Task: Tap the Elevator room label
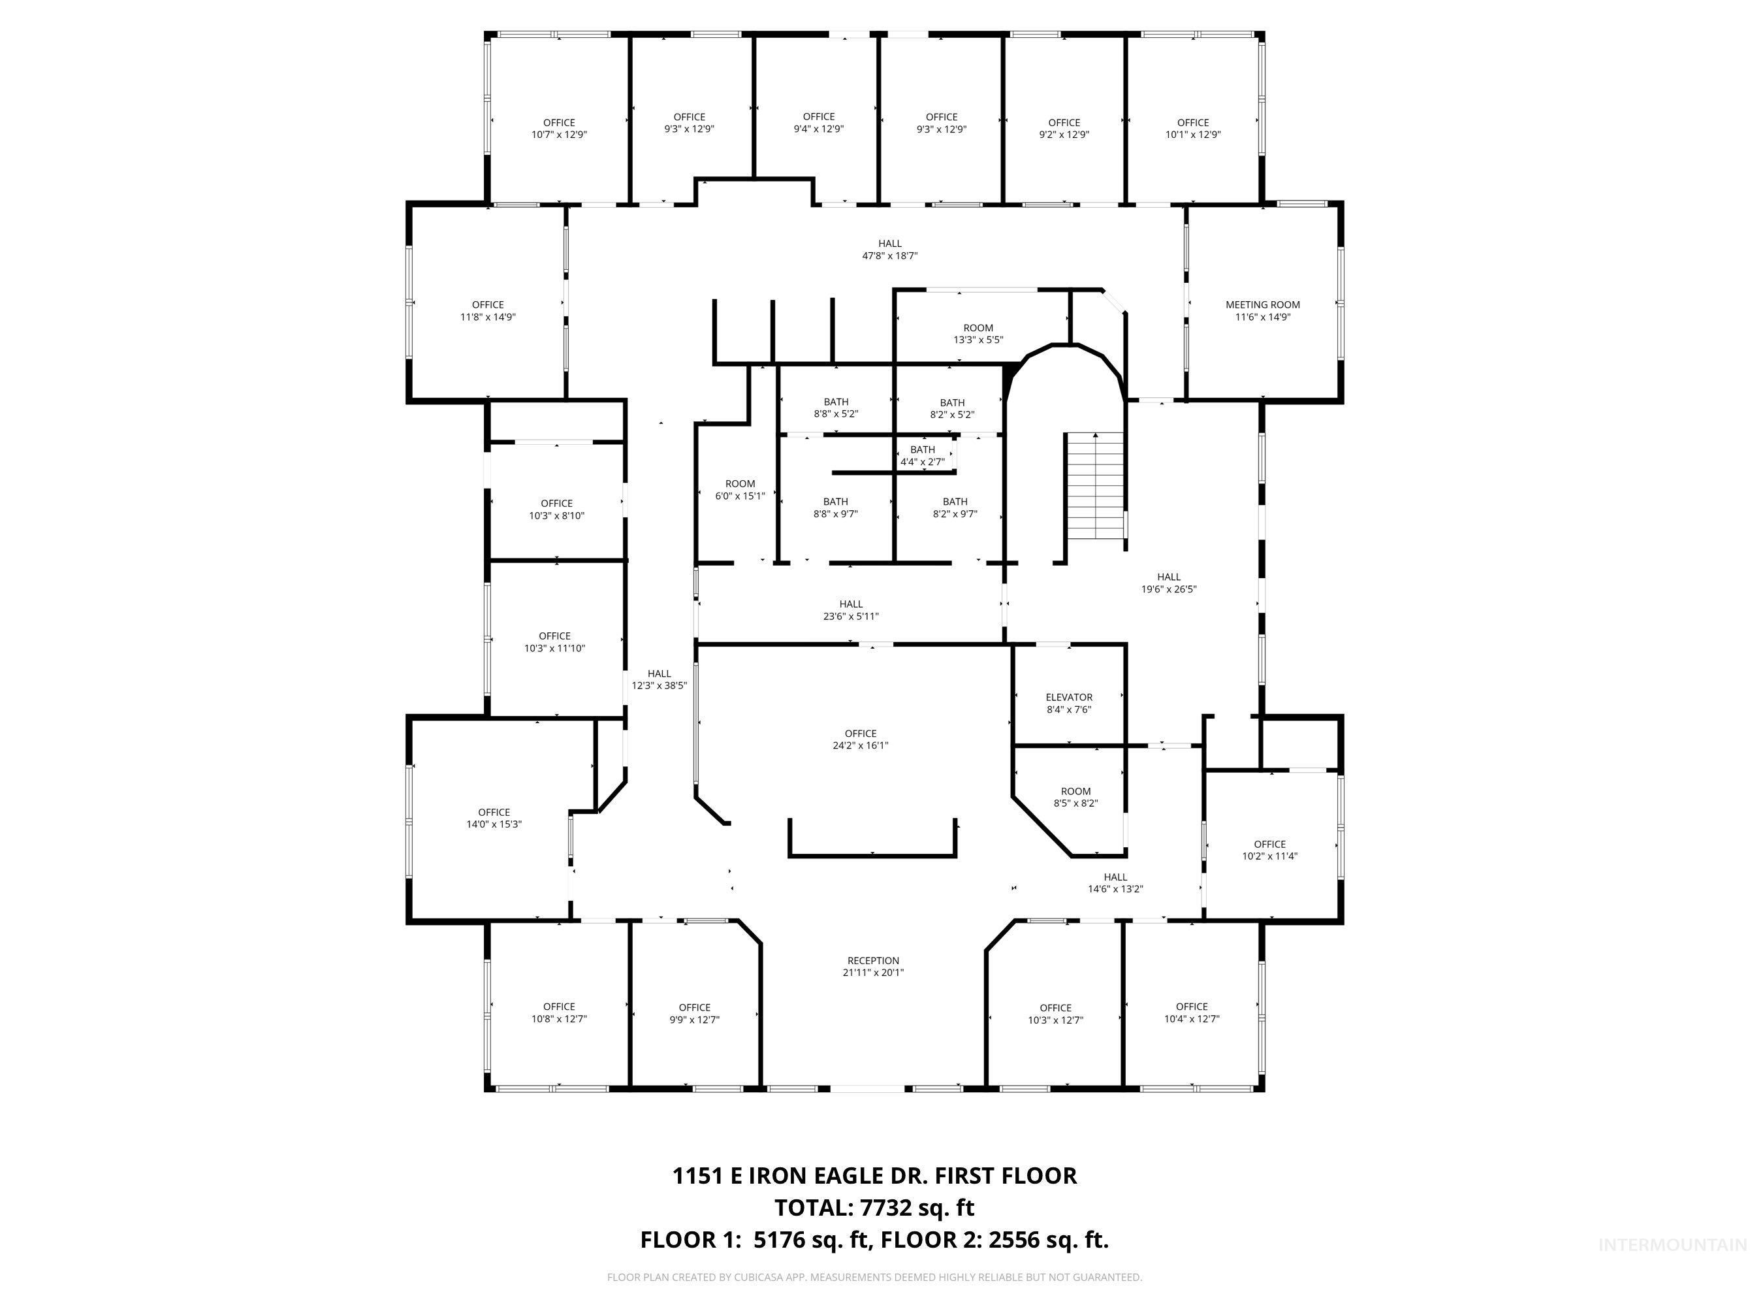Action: pos(1069,703)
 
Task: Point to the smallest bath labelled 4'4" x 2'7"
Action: pos(923,455)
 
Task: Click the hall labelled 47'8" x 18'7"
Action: pos(889,250)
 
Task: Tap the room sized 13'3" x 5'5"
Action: pos(978,333)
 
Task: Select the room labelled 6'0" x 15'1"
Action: pos(740,490)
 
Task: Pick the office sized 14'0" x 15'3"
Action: pos(494,818)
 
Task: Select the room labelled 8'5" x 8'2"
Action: pos(1075,796)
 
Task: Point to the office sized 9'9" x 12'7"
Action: pos(694,1013)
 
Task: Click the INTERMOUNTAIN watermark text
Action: pos(1671,1245)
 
